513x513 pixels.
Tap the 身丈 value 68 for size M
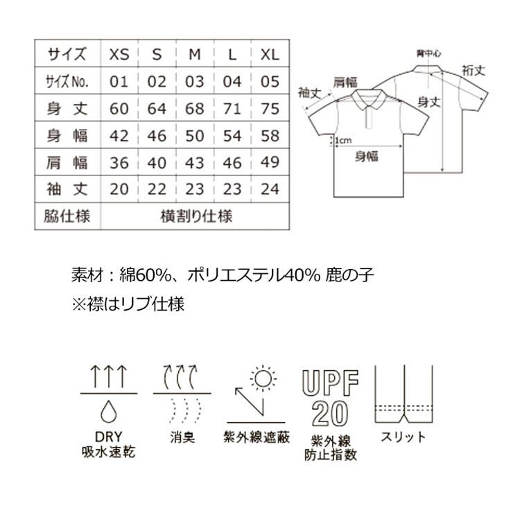195,109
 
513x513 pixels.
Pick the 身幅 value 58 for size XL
270,135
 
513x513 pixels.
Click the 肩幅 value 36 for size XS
119,162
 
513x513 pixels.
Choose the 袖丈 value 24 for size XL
270,189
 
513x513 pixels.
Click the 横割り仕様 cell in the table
196,216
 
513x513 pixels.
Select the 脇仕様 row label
67,216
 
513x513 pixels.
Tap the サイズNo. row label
67,82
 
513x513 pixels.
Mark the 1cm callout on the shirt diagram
342,141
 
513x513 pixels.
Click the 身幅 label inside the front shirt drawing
367,156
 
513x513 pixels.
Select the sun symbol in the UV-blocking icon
263,379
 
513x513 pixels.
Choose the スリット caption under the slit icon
403,437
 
